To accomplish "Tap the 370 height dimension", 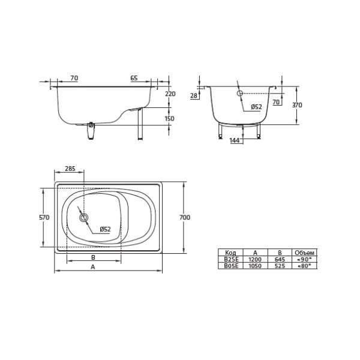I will tap(297, 105).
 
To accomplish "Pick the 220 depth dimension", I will tap(169, 94).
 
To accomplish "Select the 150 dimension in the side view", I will tap(169, 118).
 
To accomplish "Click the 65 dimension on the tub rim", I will tap(134, 78).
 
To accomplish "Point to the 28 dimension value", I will tap(194, 95).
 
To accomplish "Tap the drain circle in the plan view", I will tap(84, 218).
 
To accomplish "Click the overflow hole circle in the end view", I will tap(239, 94).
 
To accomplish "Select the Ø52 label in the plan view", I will tap(105, 229).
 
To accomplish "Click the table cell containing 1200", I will tap(255, 259).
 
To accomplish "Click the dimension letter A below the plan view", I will tap(92, 268).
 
